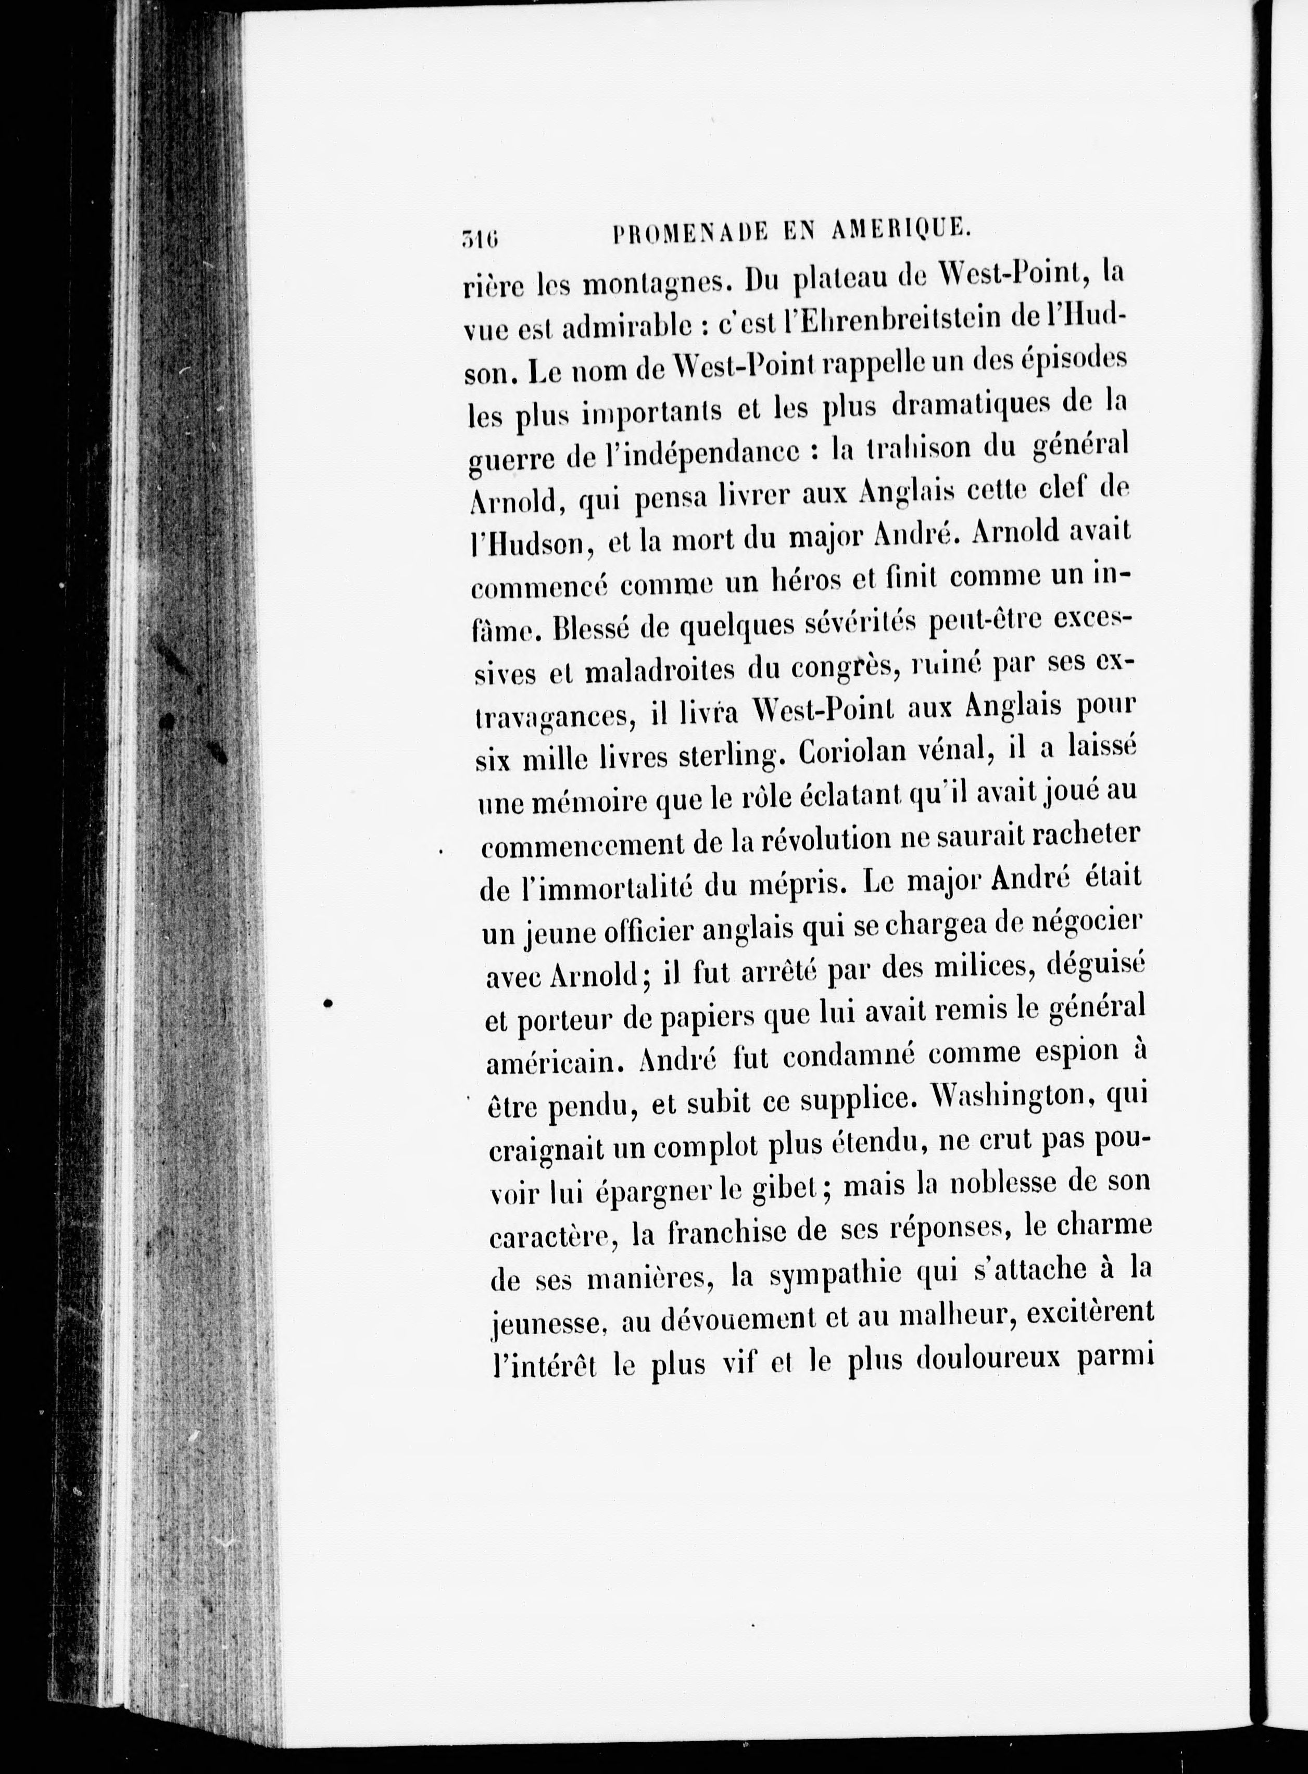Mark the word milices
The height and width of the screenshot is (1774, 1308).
click(x=985, y=967)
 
